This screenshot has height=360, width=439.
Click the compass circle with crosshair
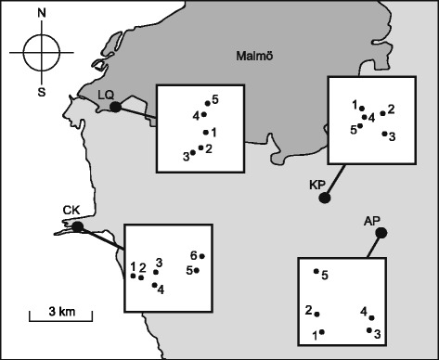click(x=41, y=52)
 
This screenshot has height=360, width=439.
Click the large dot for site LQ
click(x=115, y=108)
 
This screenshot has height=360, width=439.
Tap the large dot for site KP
click(x=325, y=199)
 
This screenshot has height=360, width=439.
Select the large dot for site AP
click(x=380, y=232)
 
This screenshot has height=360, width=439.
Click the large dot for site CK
click(x=78, y=226)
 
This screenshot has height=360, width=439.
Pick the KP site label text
click(x=316, y=184)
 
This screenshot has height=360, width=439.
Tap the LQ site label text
click(x=106, y=95)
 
